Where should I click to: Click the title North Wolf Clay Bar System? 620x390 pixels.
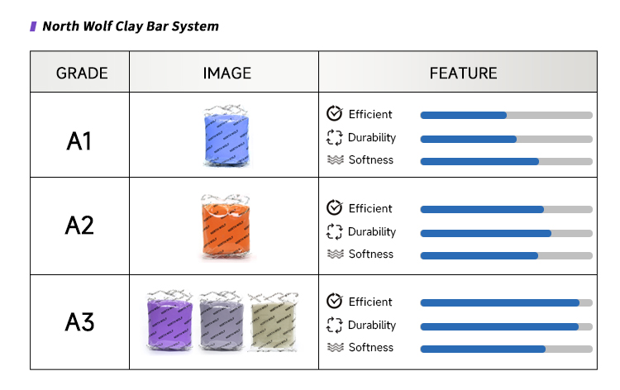tap(131, 26)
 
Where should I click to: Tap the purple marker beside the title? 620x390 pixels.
tap(33, 26)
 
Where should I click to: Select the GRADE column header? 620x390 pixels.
tap(82, 73)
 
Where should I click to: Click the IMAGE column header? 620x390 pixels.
tap(227, 73)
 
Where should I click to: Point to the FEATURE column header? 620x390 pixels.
tap(463, 73)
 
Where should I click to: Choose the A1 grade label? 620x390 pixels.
tap(79, 141)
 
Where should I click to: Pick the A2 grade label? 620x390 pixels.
tap(79, 225)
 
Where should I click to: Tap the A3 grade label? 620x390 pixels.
tap(79, 323)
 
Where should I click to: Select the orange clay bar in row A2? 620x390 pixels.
tap(225, 227)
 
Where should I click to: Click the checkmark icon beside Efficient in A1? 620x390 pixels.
tap(335, 114)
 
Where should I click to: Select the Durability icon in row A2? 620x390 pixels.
tap(335, 231)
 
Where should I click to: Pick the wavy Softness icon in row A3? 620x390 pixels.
tap(335, 348)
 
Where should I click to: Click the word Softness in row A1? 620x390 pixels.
tap(371, 160)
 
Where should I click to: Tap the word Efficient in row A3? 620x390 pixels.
tap(370, 302)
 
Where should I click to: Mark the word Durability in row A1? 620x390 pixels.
tap(372, 137)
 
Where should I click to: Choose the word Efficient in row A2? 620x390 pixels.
tap(370, 208)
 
